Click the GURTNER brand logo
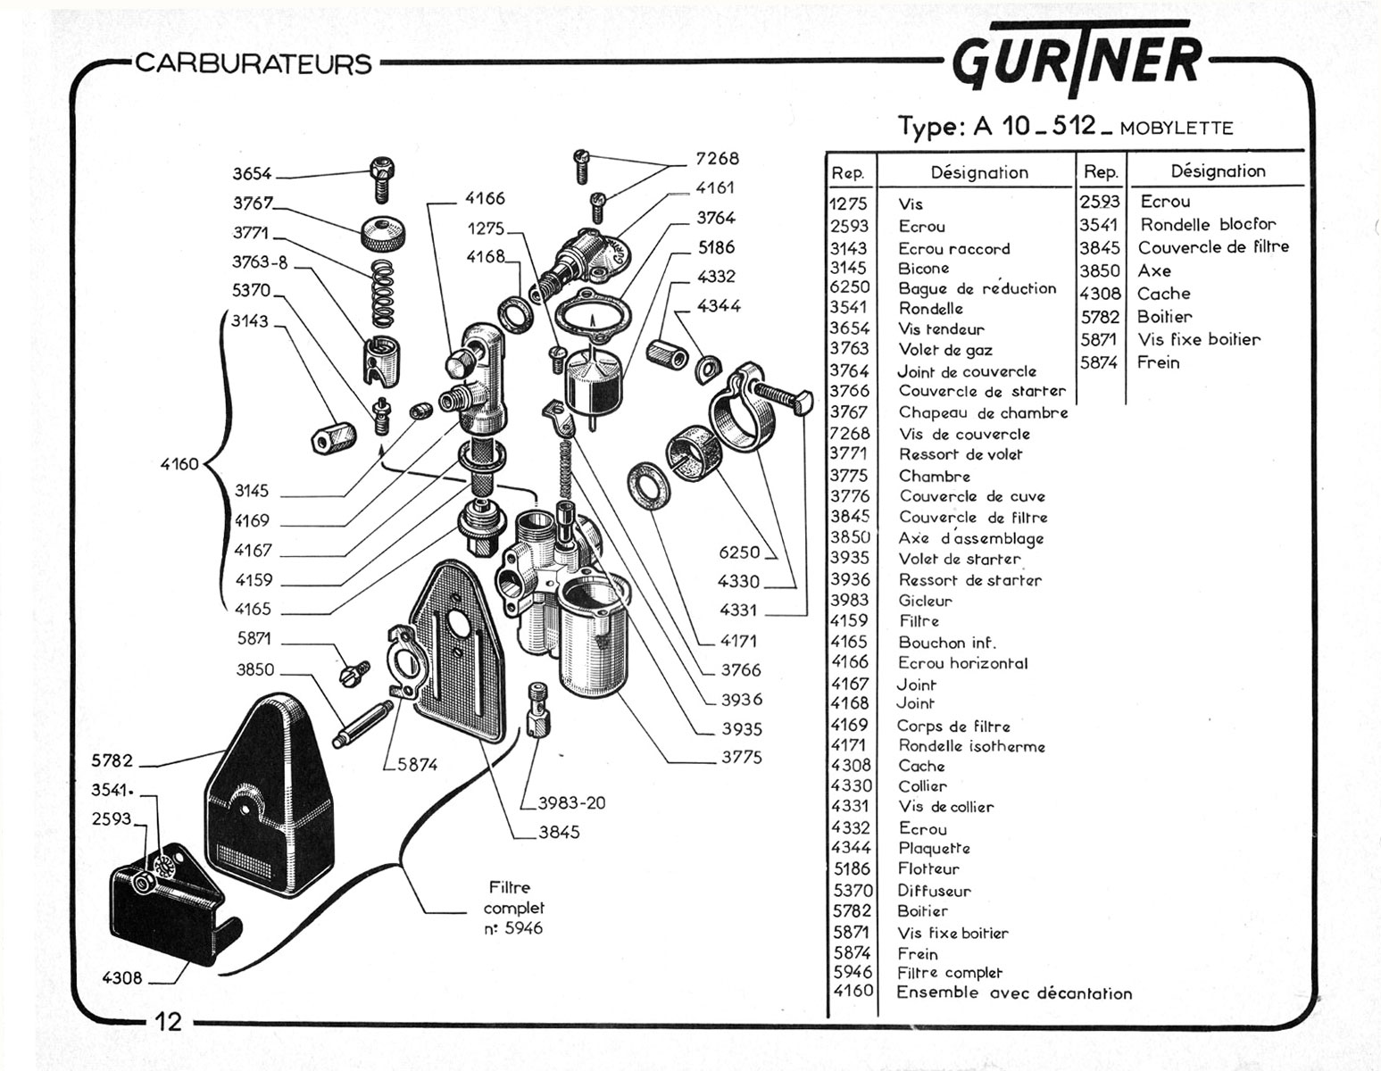1077,58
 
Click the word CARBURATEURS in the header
254,64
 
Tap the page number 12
169,1021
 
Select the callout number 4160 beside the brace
179,464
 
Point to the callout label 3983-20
571,803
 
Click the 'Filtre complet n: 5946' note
513,908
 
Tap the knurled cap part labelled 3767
384,235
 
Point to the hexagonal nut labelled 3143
334,438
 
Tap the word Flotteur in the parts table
928,868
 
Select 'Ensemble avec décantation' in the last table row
1014,992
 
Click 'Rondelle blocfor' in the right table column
1208,224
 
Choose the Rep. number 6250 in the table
850,287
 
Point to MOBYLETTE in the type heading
1177,129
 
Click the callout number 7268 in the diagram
717,158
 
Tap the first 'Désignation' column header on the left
979,172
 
